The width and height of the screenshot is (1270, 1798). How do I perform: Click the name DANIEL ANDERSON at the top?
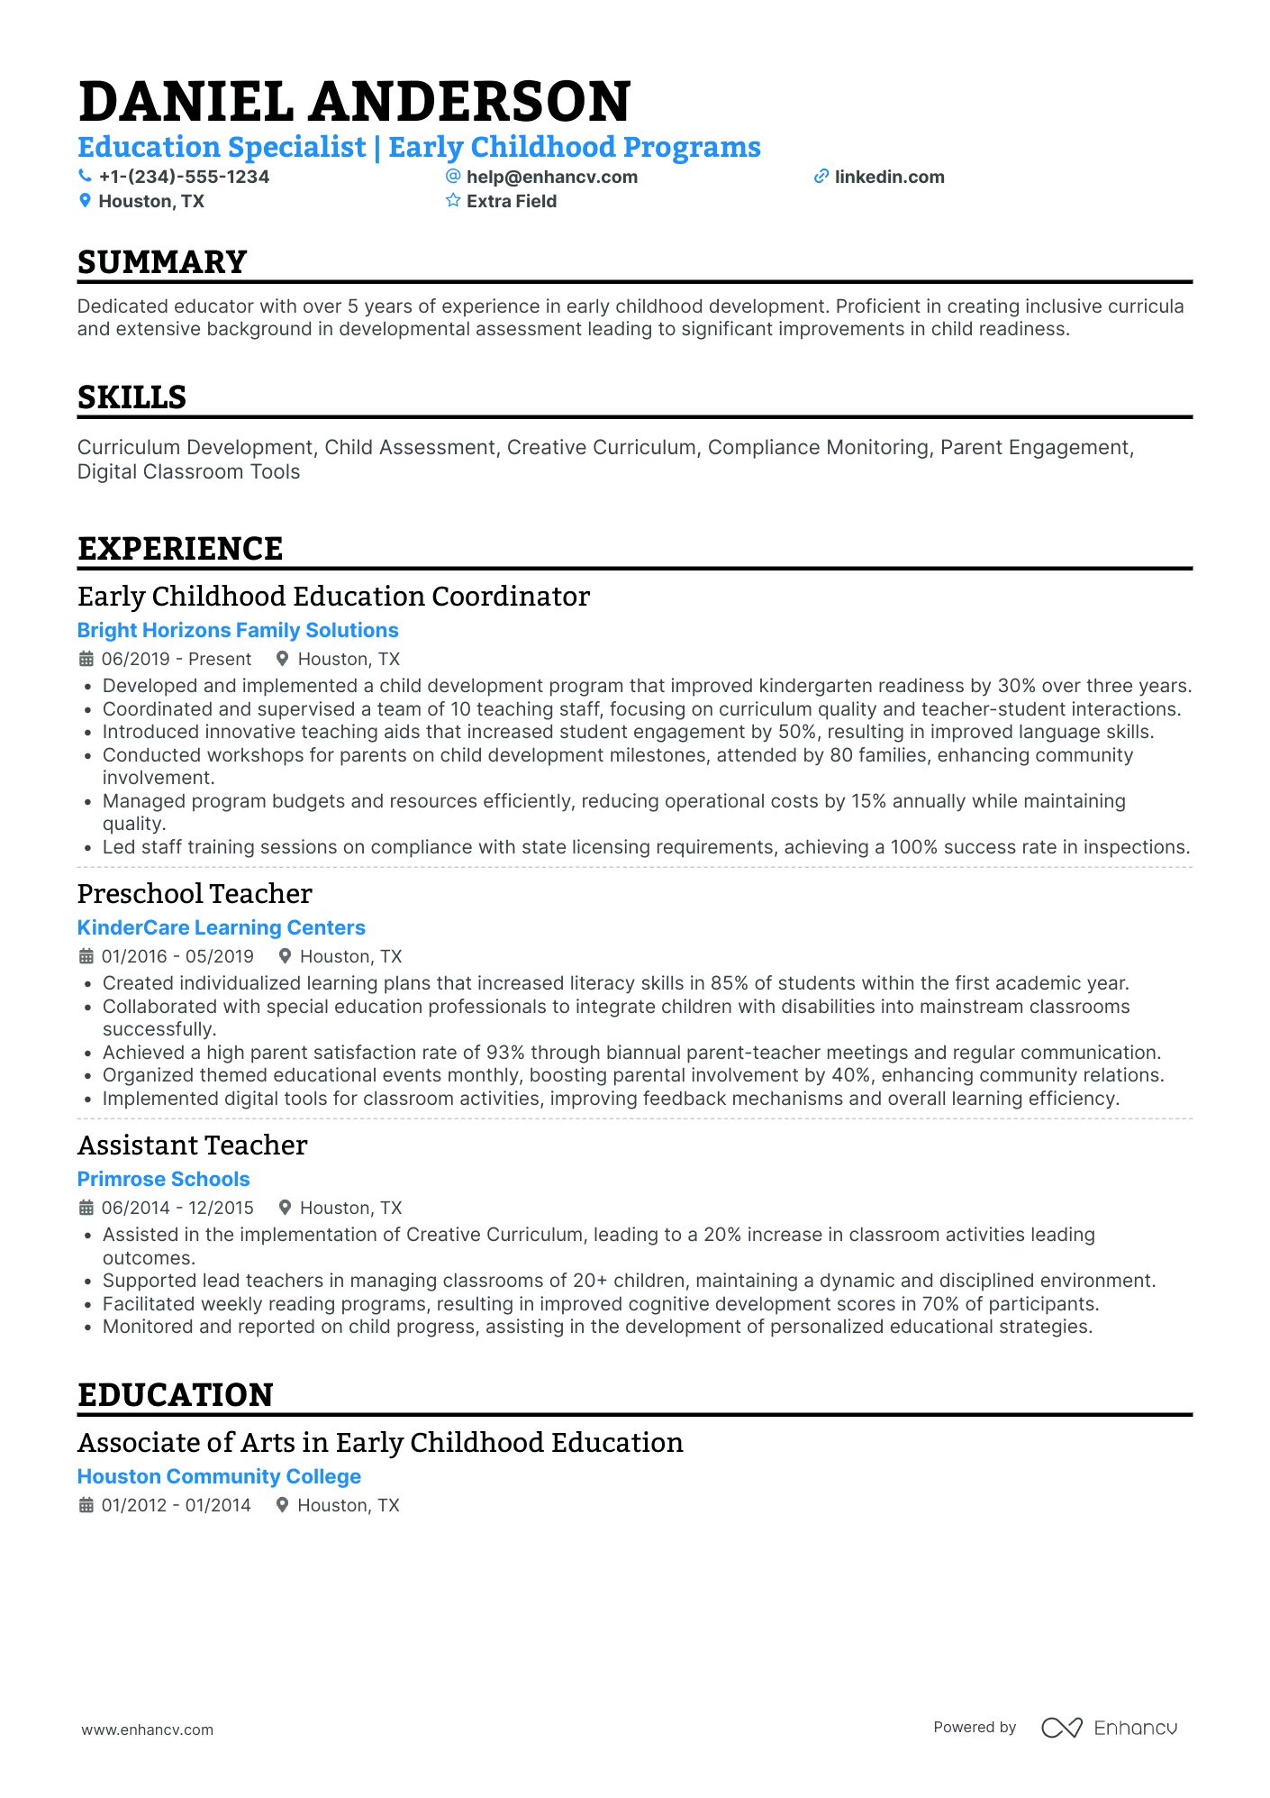point(355,101)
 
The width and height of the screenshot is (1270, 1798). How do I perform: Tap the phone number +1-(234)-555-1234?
point(184,177)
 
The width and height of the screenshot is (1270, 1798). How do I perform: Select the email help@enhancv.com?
point(551,177)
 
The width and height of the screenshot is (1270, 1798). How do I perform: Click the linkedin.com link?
point(889,177)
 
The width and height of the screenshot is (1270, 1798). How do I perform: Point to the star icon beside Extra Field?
point(453,201)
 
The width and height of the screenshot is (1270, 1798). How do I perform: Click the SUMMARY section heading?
point(162,262)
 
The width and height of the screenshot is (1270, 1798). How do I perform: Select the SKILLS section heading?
point(132,397)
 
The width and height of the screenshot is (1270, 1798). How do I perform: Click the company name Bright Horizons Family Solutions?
point(238,630)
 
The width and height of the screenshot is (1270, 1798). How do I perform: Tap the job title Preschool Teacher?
point(195,893)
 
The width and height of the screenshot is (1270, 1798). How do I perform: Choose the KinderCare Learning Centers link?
point(222,927)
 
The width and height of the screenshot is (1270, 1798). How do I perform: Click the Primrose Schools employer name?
point(164,1179)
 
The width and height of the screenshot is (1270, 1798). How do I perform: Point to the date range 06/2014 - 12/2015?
point(177,1208)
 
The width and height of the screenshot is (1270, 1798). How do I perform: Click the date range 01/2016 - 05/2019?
point(177,956)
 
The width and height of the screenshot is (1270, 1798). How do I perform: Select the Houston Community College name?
point(219,1476)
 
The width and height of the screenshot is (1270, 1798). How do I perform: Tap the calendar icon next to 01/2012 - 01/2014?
point(86,1505)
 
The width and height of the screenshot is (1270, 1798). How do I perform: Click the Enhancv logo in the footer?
point(1109,1728)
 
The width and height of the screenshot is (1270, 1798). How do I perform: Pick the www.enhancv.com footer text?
point(148,1730)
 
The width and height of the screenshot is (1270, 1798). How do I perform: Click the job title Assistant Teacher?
point(193,1145)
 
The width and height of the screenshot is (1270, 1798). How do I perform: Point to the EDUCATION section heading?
point(176,1395)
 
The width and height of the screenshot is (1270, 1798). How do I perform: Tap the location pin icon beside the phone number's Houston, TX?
point(86,201)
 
